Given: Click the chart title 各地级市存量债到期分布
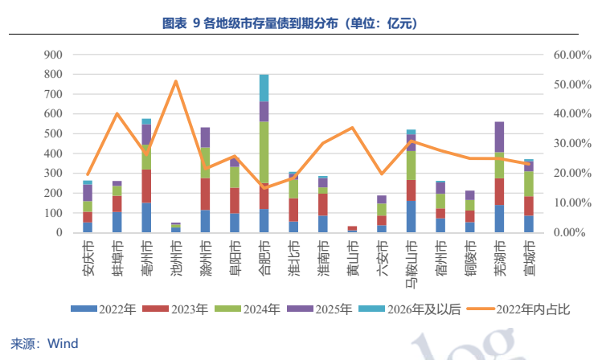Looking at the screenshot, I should point(302,24).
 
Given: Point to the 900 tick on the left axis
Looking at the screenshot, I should point(53,55).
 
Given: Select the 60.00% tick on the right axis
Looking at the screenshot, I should point(571,55).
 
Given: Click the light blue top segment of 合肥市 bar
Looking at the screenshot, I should point(264,88).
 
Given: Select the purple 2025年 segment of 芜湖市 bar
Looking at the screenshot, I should point(499,137).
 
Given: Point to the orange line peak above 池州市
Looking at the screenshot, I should point(175,81).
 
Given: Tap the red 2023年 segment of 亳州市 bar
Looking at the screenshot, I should point(146,186).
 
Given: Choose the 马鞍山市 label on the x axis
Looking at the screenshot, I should point(411,260).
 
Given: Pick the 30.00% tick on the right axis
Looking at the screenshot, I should point(571,144).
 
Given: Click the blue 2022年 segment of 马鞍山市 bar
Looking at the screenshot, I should point(411,216).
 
